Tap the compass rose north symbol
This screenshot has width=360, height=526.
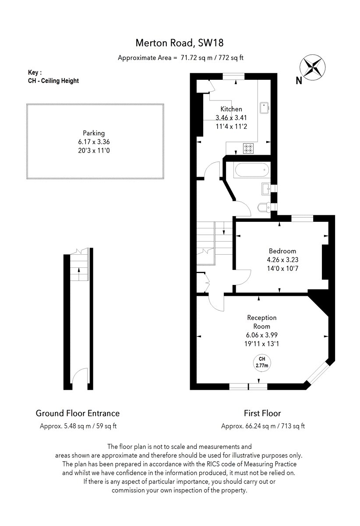tap(312, 68)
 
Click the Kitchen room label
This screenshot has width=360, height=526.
tap(231, 109)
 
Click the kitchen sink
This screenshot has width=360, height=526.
tap(265, 107)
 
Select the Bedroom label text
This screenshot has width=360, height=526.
tap(282, 251)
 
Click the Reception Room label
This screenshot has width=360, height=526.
tap(261, 322)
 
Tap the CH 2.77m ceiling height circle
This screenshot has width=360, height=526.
tap(262, 362)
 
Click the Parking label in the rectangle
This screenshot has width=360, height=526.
tap(94, 133)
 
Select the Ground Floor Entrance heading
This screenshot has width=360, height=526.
tap(78, 413)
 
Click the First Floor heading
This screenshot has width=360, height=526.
tap(262, 413)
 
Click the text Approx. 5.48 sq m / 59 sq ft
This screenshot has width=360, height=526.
tap(78, 426)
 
